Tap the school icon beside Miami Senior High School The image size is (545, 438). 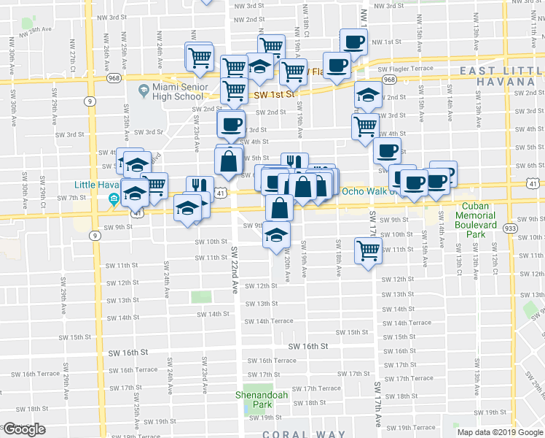coord(144,91)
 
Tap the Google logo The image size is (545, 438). coord(24,429)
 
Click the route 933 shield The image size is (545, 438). coord(510,228)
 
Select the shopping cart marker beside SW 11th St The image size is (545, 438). coord(369,251)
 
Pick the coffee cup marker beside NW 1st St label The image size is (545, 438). coord(354,42)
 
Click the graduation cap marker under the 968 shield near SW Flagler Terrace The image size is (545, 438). coord(369,96)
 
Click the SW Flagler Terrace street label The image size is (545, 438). coord(405,69)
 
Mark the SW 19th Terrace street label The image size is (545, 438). coord(412,428)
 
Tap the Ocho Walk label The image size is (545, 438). coord(366,192)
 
